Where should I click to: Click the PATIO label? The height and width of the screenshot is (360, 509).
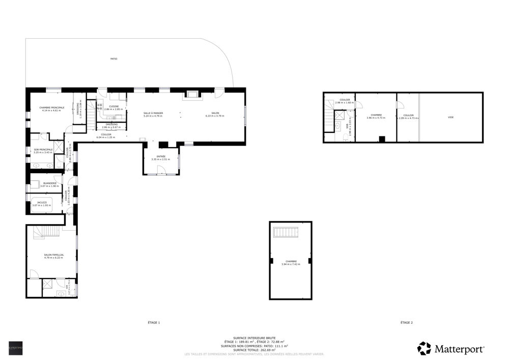[114, 59]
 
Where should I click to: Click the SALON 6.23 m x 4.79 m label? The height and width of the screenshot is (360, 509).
[215, 114]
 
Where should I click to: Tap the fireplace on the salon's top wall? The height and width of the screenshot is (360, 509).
[192, 94]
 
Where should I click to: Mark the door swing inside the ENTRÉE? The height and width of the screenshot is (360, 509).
[164, 171]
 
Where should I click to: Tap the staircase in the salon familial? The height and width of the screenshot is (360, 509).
[47, 233]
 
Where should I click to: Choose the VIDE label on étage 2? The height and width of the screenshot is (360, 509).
[450, 117]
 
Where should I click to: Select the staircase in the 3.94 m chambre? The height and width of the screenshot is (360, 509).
[285, 233]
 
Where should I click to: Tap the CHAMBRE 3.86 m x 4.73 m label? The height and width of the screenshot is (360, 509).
[376, 116]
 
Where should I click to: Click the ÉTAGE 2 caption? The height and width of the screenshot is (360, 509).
[406, 322]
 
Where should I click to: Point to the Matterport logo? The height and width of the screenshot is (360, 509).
[450, 348]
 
